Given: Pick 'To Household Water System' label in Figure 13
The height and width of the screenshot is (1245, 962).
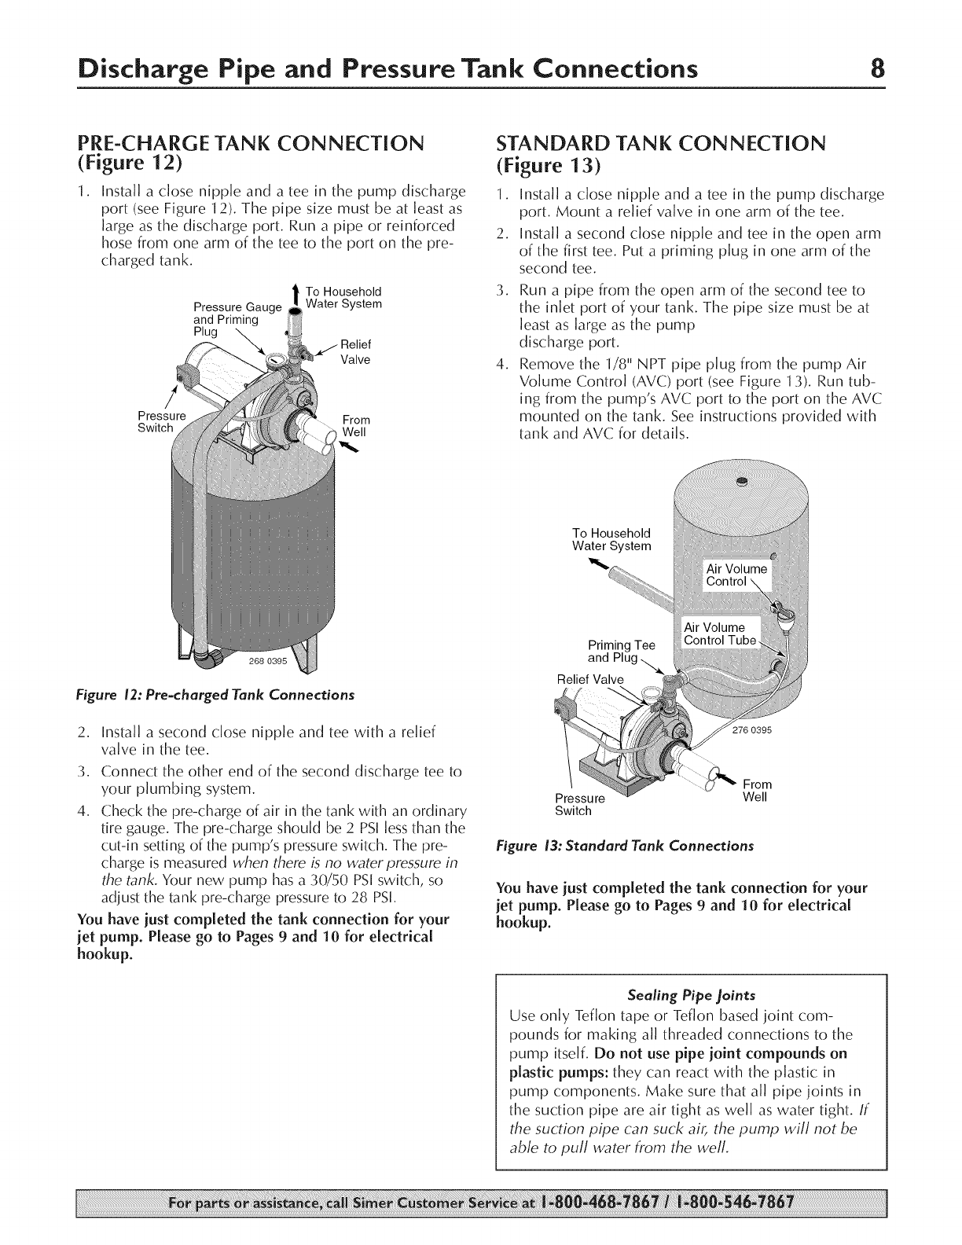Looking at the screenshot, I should coord(611,539).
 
